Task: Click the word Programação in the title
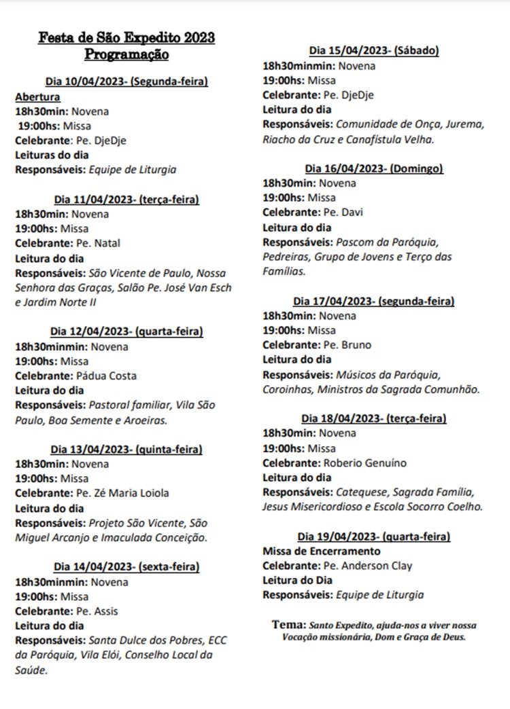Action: (x=126, y=54)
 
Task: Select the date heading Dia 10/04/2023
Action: (x=126, y=81)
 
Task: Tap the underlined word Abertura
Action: (x=37, y=96)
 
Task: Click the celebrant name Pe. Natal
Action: (x=98, y=243)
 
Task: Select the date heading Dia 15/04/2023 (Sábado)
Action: (x=373, y=51)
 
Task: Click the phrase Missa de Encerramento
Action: (x=322, y=551)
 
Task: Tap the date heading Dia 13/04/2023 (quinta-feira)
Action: (x=126, y=449)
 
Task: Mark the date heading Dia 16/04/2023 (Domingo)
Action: (x=374, y=168)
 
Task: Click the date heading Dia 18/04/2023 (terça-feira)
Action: (x=374, y=418)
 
